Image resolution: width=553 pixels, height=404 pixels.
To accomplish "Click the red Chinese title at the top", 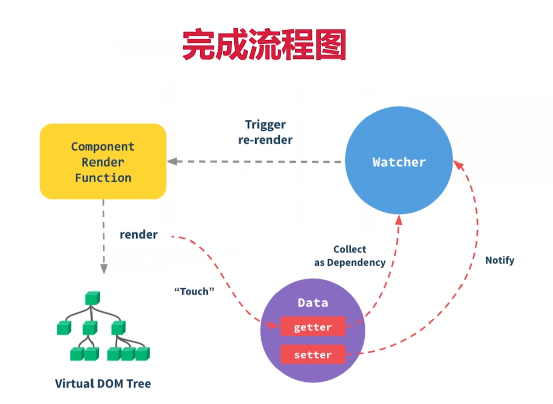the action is pos(264,45).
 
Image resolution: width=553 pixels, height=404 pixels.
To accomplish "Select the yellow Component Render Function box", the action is pos(103,161).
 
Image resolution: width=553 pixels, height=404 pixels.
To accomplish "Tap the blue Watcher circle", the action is pos(399,160).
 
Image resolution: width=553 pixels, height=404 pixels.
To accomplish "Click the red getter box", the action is pos(313,327).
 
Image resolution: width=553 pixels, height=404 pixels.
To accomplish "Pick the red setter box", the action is pos(313,354).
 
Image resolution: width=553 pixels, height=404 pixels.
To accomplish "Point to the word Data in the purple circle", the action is pos(313,303).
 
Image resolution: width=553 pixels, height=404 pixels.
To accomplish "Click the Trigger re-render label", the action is pos(265,132).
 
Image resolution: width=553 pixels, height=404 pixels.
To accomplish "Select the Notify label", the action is pos(500,260).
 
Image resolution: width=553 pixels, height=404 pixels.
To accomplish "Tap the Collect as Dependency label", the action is pos(350,256).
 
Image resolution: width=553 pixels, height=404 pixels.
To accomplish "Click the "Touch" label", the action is pos(195,291).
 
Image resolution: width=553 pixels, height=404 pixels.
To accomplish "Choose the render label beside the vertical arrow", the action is pos(139,234).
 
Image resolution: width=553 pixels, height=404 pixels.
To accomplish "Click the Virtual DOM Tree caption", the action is pos(103,383).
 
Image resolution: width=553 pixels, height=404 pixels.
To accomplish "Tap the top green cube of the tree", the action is pos(93,298).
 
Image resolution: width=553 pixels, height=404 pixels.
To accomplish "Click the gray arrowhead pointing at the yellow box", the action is pos(172,161).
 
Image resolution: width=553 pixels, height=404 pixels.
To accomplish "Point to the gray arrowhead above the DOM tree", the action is pos(104,269).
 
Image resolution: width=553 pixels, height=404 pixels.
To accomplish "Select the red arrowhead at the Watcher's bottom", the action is pos(399,220).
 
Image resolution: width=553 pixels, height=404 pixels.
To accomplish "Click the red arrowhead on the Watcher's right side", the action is pos(458,165).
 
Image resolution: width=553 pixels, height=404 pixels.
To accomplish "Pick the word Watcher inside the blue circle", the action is pos(399,162).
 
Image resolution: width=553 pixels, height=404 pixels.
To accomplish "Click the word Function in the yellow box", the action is pos(103,178).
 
